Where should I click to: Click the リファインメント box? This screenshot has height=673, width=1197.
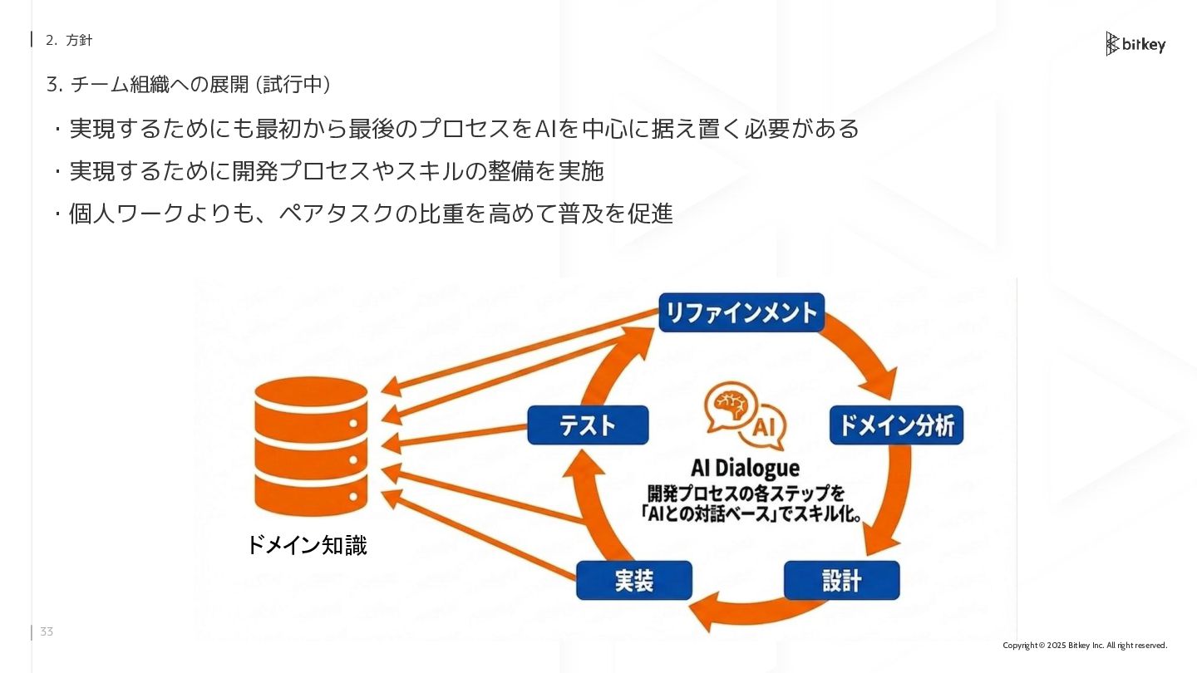[741, 312]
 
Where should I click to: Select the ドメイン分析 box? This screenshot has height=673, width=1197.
[896, 425]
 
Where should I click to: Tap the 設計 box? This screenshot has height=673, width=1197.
[841, 580]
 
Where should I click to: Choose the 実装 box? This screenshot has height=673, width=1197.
[634, 581]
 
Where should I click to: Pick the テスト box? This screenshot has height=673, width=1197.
[588, 425]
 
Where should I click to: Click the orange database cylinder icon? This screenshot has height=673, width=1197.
[311, 446]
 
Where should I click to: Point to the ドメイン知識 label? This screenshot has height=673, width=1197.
[307, 545]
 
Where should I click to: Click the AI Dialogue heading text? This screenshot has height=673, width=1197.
[745, 468]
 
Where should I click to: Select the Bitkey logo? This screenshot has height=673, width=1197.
[1135, 44]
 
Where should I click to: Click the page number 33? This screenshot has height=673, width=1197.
[47, 632]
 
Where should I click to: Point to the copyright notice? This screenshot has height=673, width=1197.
[1085, 646]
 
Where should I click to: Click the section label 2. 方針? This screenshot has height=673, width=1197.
[69, 40]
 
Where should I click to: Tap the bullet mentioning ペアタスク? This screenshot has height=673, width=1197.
[371, 214]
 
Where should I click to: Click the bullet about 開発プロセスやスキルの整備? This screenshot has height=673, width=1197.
[336, 171]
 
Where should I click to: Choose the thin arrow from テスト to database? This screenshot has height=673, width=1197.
[457, 438]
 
